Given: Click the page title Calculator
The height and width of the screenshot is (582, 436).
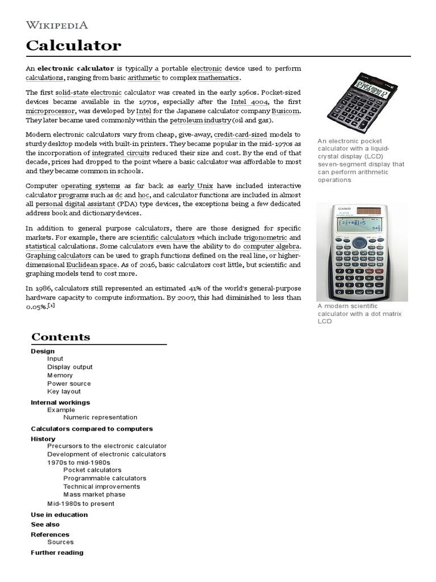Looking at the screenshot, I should point(74,45).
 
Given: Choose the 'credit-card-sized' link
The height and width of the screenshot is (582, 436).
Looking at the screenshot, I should point(241,135).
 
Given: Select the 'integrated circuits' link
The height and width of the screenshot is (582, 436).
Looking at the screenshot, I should point(121,153).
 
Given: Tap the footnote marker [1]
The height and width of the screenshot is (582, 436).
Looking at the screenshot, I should point(52,305).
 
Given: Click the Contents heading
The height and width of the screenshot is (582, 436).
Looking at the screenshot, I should point(61,337).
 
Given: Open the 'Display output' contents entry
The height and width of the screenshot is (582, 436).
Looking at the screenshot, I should point(70,367).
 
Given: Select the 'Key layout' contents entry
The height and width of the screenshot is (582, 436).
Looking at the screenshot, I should point(64,392).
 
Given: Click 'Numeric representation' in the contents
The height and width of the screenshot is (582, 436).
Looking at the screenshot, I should point(100,417).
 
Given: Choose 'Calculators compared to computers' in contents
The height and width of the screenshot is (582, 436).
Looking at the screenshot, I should point(91,429).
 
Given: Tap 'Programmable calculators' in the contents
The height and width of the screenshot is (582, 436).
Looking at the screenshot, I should point(104,479).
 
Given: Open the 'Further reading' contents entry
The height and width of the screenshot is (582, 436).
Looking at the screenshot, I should point(57,552).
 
